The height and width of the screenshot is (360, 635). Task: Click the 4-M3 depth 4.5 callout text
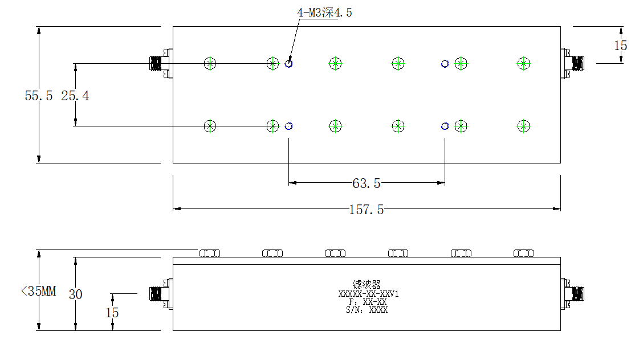pos(324,13)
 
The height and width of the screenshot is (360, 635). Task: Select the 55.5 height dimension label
pos(38,96)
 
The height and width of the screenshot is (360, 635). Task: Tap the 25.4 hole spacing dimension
pos(75,96)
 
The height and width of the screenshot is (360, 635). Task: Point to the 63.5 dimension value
pos(367,183)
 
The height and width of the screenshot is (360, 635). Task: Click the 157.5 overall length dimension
pos(367,210)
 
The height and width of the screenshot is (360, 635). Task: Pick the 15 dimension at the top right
pos(620,46)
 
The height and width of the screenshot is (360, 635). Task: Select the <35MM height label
pos(38,291)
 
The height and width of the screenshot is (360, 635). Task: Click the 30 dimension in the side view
pos(75,294)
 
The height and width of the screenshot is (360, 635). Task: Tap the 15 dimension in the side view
pos(112,313)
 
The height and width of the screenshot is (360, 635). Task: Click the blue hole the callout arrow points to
pos(289,63)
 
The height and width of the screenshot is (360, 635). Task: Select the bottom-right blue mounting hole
pos(445,126)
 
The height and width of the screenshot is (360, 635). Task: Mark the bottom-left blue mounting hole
pos(289,126)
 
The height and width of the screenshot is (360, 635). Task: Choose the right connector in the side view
pos(572,294)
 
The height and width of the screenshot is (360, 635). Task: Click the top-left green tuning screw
pos(210,63)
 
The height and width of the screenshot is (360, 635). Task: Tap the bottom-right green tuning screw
pos(524,126)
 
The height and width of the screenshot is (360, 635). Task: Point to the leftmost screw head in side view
pos(210,253)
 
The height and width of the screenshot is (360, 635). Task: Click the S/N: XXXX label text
pos(367,310)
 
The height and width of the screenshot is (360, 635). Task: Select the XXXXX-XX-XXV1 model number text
pos(369,294)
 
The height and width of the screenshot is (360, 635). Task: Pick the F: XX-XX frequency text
pos(368,302)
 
